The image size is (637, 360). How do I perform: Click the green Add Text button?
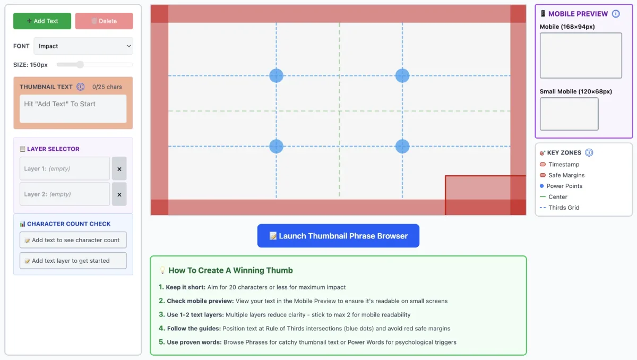point(42,21)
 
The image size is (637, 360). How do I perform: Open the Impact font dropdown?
point(83,46)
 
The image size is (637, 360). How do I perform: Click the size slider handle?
point(80,65)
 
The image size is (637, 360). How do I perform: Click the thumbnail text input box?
point(73,109)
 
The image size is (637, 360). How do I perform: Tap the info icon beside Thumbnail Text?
point(81,87)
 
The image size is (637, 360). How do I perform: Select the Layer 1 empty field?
point(65,169)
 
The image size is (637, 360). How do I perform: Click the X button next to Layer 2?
point(119,194)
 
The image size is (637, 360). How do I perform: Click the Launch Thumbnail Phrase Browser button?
point(338,236)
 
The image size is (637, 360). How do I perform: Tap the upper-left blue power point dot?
point(276,75)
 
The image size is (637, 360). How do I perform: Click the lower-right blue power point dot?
point(402,146)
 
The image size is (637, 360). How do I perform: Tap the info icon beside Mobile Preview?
point(616,14)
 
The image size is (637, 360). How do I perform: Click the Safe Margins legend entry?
point(566,175)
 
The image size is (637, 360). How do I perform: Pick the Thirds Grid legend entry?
point(564,208)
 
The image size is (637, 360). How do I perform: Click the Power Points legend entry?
point(564,186)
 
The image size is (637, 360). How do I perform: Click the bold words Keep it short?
point(185,287)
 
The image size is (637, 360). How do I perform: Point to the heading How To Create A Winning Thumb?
point(230,270)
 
